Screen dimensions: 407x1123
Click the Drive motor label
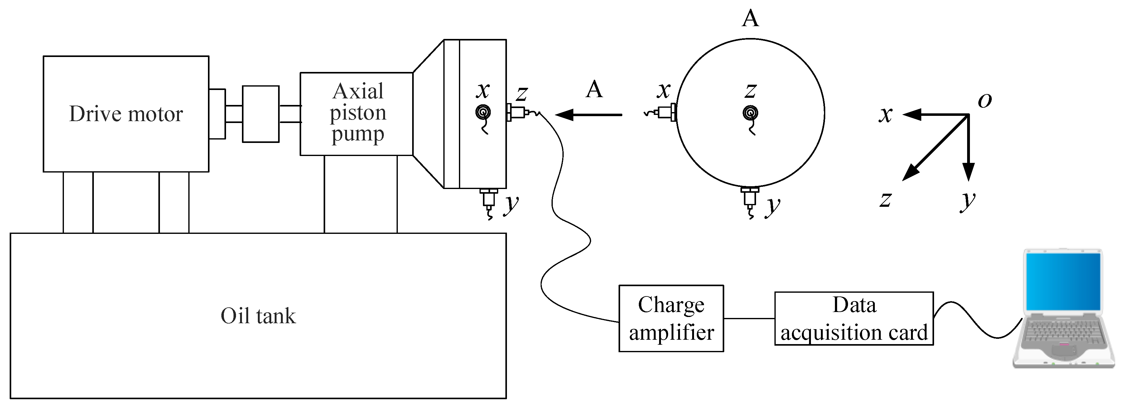pyautogui.click(x=126, y=114)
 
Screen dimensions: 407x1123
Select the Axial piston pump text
pyautogui.click(x=358, y=113)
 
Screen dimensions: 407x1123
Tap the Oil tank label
pyautogui.click(x=258, y=316)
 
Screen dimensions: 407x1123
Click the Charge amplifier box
pyautogui.click(x=671, y=318)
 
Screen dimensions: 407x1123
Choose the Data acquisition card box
pyautogui.click(x=854, y=318)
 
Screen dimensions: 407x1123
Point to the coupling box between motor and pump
pyautogui.click(x=260, y=114)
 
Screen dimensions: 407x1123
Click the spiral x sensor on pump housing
pyautogui.click(x=483, y=113)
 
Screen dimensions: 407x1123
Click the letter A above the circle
pyautogui.click(x=750, y=18)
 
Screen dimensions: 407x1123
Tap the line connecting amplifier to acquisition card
pyautogui.click(x=749, y=318)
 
